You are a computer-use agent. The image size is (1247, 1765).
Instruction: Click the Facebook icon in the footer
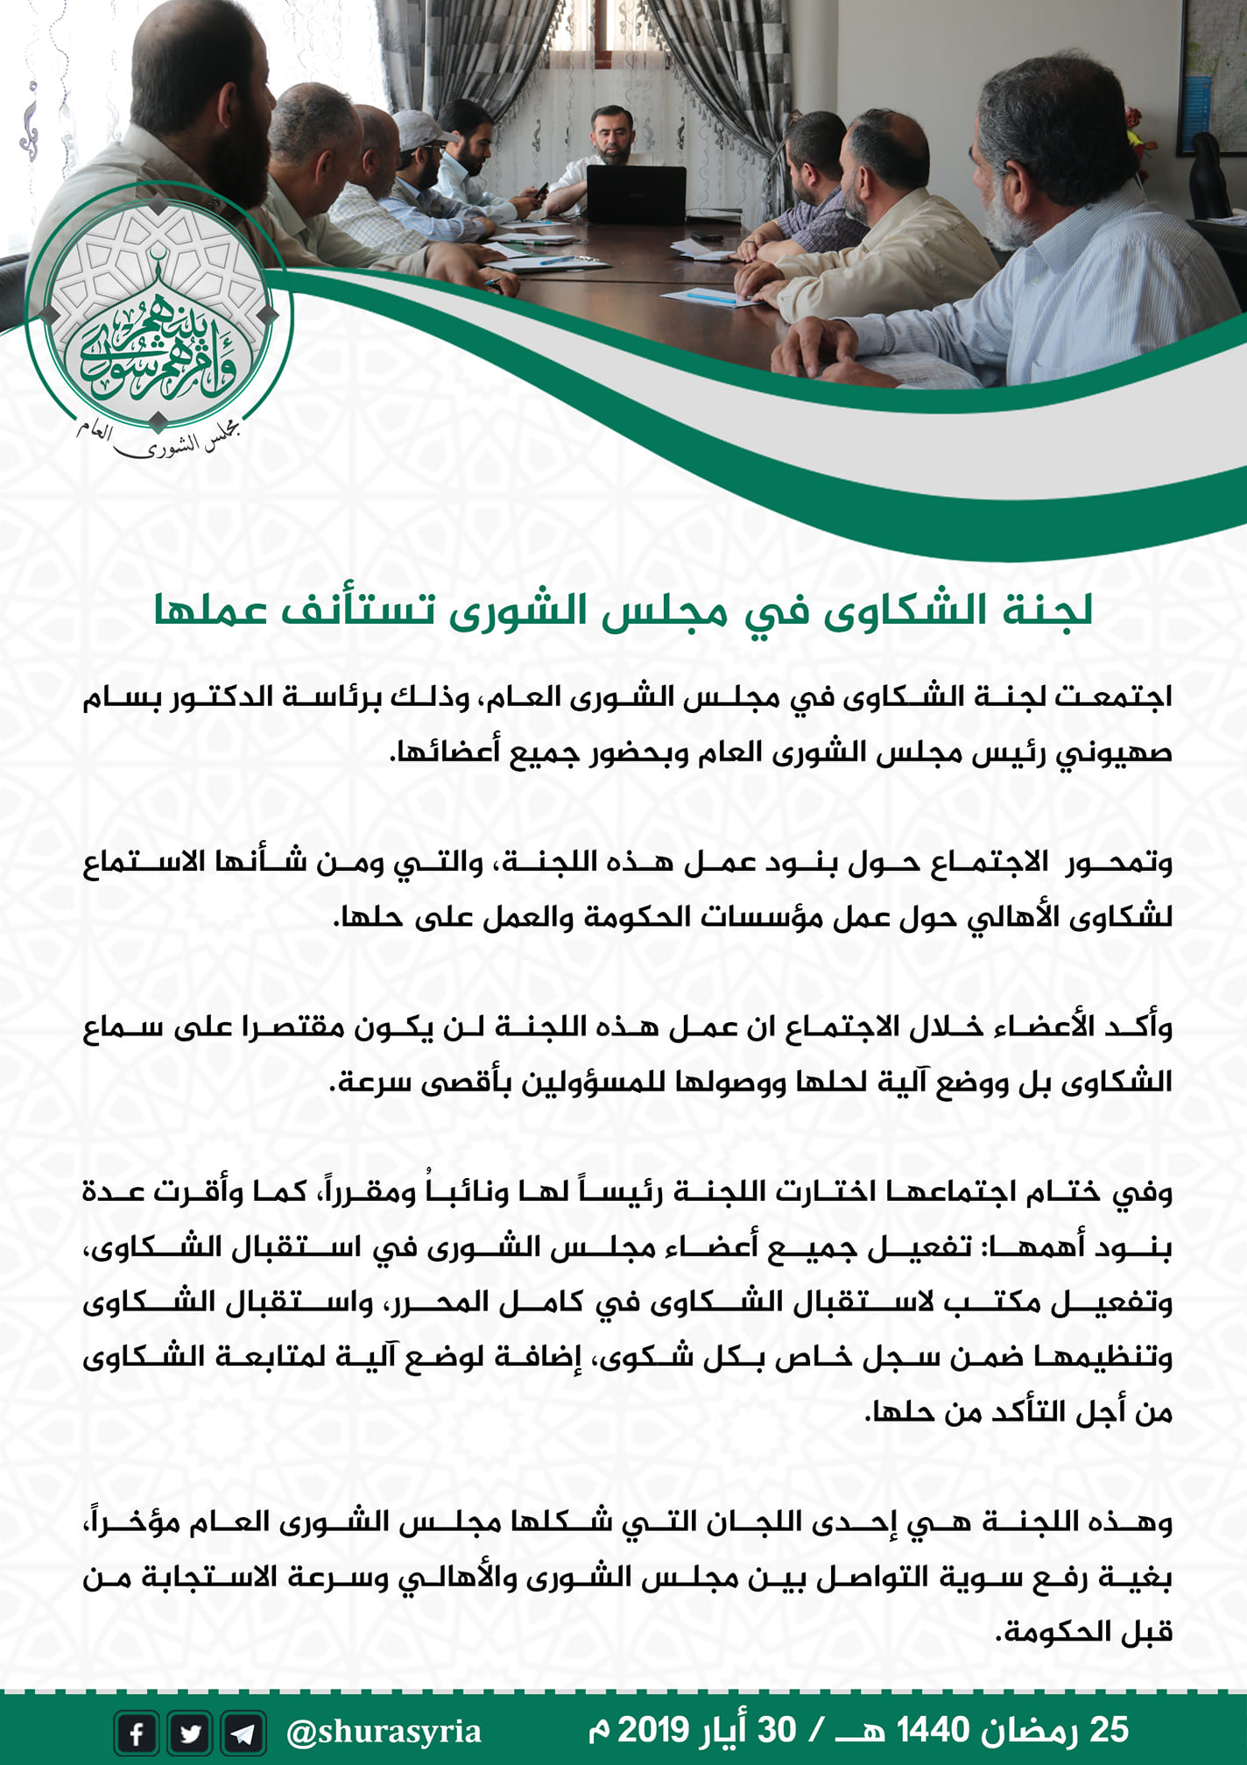tap(137, 1733)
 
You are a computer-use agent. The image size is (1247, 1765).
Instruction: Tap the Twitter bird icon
tap(190, 1733)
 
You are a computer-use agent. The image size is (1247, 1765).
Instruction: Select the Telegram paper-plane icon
tap(243, 1733)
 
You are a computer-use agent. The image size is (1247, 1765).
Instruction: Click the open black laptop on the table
tap(636, 194)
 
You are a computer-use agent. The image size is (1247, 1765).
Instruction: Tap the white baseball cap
tap(421, 129)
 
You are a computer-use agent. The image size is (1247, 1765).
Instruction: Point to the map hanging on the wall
tap(1212, 74)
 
